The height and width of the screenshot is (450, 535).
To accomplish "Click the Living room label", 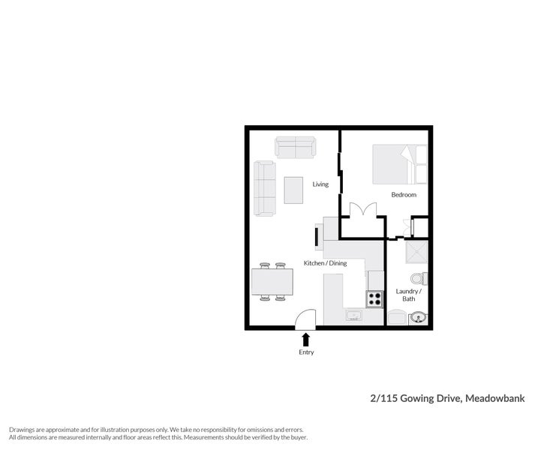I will [x=320, y=184].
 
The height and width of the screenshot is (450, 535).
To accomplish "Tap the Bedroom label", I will [x=403, y=195].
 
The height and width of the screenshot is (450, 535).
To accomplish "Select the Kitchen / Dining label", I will [x=325, y=263].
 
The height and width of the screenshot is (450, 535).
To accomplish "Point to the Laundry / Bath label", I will [x=408, y=295].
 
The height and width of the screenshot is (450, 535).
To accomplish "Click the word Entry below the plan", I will [x=306, y=352].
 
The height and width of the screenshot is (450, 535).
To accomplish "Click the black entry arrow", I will [x=305, y=340].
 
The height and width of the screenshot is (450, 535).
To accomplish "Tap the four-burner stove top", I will [x=374, y=298].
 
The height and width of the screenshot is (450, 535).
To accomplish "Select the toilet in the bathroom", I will [x=418, y=279].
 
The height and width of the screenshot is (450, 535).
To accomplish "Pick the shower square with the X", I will [x=415, y=252].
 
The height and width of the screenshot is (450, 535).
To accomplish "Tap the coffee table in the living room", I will [x=293, y=190].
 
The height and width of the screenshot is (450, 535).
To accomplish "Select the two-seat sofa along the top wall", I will [x=296, y=147].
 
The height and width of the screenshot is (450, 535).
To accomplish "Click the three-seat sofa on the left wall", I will [x=264, y=187].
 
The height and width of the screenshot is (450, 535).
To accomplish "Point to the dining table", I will [x=272, y=282].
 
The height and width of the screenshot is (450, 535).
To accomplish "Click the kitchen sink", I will [x=354, y=316].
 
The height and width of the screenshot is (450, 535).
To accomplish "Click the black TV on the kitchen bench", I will [x=317, y=237].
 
